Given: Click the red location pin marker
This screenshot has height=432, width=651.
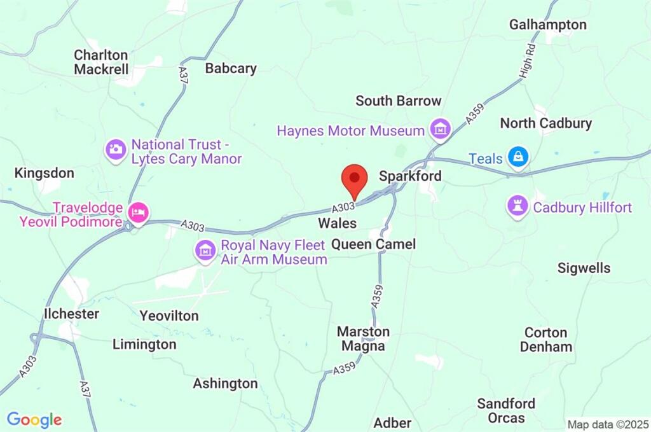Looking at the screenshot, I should click(x=354, y=179).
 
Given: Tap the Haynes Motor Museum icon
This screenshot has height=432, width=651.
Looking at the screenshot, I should click(x=439, y=130).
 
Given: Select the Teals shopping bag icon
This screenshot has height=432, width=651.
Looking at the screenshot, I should click(x=518, y=158).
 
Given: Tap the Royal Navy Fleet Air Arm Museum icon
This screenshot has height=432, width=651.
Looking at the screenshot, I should click(x=205, y=251).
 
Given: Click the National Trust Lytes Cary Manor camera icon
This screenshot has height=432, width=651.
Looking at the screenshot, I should click(x=116, y=150).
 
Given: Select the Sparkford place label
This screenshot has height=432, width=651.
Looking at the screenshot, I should click(x=409, y=176).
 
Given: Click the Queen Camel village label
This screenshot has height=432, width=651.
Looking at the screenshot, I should click(x=373, y=244).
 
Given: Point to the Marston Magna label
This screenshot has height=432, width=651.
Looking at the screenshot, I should click(x=363, y=338).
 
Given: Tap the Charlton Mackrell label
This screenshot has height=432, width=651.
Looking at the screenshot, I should click(x=101, y=62).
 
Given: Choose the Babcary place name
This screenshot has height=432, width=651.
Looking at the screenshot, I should click(x=230, y=68).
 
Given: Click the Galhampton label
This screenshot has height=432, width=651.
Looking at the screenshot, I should click(x=547, y=24).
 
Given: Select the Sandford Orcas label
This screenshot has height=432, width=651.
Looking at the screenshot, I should click(x=506, y=410).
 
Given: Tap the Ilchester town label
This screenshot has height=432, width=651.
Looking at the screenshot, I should click(x=71, y=314).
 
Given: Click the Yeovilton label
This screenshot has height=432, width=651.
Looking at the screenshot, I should click(x=168, y=316).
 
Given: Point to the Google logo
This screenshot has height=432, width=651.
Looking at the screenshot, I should click(x=34, y=419).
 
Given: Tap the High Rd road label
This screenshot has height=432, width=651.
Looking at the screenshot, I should click(x=525, y=62).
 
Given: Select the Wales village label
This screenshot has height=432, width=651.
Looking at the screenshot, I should click(x=337, y=223).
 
